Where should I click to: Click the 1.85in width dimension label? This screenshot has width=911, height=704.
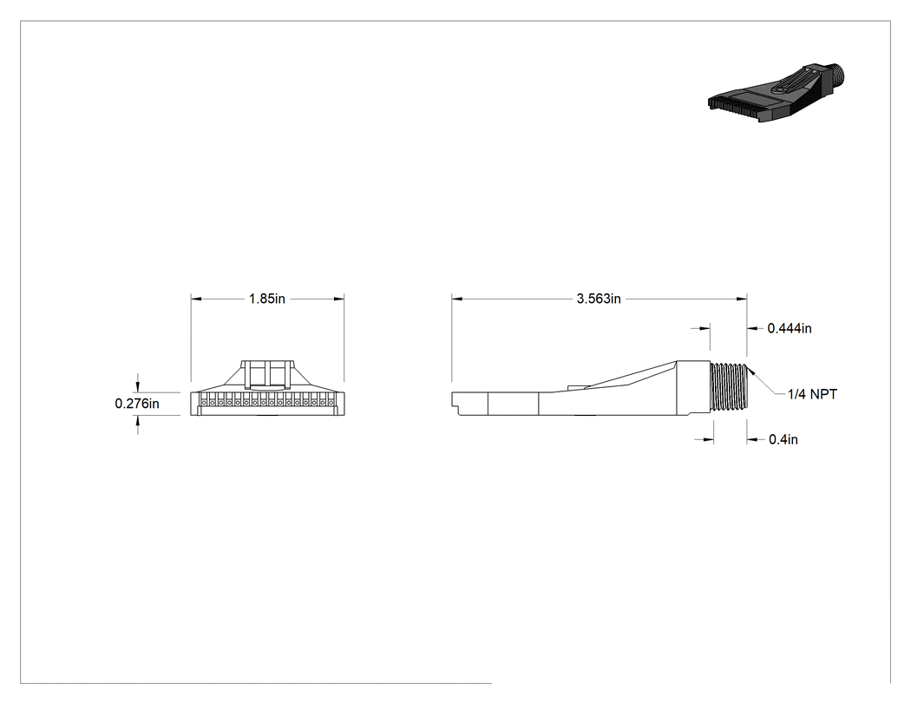(x=267, y=299)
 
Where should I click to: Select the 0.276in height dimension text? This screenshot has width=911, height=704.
(x=137, y=404)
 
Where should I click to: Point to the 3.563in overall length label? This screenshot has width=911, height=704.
(x=599, y=299)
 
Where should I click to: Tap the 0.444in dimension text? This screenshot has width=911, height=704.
(x=790, y=328)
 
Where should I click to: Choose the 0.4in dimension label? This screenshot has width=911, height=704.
(x=783, y=439)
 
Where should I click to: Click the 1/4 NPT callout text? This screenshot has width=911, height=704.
(x=812, y=394)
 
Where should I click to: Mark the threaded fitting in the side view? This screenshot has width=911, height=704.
(x=729, y=387)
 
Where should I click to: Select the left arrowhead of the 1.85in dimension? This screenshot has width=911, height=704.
(x=196, y=299)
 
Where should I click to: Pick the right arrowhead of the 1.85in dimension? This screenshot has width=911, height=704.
(x=339, y=299)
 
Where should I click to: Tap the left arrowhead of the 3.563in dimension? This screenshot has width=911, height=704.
(x=456, y=299)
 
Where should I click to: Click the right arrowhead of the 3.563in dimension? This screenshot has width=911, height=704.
(x=742, y=299)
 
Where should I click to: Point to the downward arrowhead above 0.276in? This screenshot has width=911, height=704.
(x=138, y=387)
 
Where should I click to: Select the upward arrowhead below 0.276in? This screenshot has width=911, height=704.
(x=138, y=421)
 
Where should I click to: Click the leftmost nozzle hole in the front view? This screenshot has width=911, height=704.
(x=203, y=402)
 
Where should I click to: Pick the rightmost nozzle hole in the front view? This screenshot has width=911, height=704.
(x=331, y=402)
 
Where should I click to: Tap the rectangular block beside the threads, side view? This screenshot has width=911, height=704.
(x=693, y=388)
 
